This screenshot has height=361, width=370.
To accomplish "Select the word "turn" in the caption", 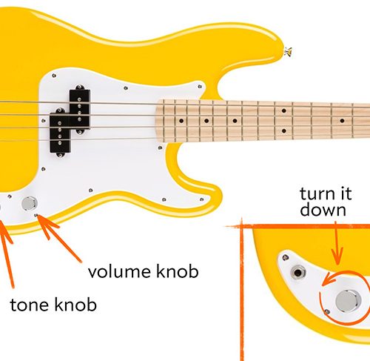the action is tap(317, 193).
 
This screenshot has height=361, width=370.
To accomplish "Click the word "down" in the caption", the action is tap(323, 210).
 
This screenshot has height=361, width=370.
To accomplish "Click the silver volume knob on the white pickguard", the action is tap(30, 204).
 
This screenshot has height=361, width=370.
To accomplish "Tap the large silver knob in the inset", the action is tap(349, 301).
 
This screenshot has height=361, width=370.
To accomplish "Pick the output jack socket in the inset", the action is tap(298, 273).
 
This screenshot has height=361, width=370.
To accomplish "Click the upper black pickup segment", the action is tap(80, 109).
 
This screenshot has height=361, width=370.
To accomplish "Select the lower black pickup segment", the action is tap(61, 133).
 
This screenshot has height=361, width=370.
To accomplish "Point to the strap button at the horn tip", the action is tap(288, 52).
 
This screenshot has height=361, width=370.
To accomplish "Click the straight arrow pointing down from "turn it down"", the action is tap(337, 243).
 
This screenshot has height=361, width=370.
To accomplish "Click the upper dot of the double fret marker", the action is tap(284, 110).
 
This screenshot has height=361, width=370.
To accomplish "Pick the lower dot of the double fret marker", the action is tap(284, 130).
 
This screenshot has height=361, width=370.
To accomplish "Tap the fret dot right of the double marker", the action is tap(342, 121).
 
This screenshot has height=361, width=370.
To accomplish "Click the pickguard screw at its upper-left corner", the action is tap(54, 76).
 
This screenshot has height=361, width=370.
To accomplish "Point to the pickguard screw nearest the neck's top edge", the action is tap(200, 87).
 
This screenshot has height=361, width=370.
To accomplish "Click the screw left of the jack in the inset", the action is tap(286, 258).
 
